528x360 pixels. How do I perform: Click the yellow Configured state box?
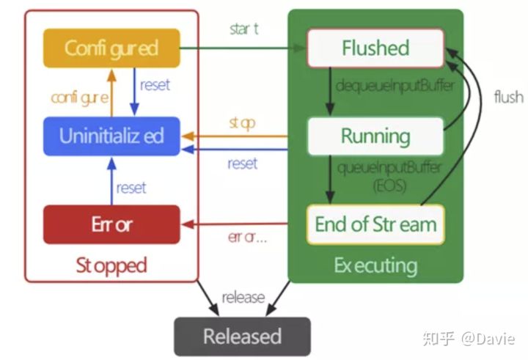111,48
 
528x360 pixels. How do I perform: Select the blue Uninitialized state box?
111,136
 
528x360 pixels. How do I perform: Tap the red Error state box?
111,224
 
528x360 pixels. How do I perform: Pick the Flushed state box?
375,48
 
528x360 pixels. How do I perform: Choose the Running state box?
375,136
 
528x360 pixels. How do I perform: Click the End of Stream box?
375,224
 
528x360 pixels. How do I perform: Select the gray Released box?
242,337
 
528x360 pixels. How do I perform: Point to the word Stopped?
111,265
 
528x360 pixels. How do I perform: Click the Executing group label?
375,265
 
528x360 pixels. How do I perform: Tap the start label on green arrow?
244,29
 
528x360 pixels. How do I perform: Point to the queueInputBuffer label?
389,167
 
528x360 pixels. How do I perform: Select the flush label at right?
508,97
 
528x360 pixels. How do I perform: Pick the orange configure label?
81,97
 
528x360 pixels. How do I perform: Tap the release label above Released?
243,298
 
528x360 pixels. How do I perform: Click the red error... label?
246,238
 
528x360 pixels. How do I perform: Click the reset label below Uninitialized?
131,188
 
